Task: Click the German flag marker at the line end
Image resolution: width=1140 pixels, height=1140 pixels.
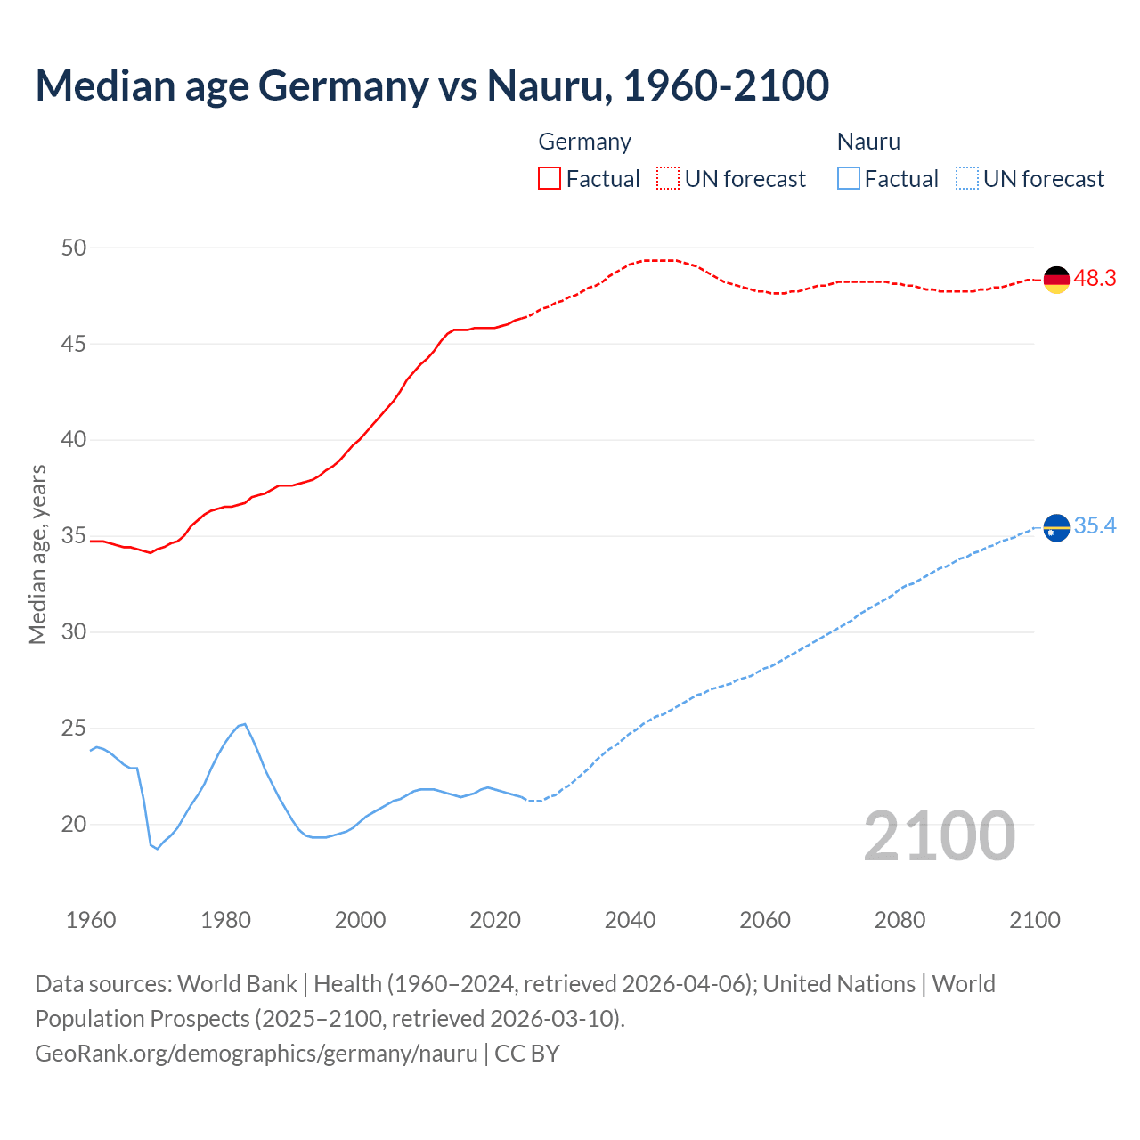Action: (x=1056, y=280)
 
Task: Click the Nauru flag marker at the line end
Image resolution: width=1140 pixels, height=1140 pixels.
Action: (x=1056, y=528)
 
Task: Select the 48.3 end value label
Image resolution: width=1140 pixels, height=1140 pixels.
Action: (x=1095, y=279)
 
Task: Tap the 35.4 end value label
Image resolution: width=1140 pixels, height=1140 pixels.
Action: (x=1095, y=526)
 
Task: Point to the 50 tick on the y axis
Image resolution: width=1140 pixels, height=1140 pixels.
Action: (x=74, y=248)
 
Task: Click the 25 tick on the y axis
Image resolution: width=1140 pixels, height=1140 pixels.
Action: (x=74, y=729)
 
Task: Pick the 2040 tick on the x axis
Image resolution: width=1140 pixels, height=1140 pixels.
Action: (x=630, y=920)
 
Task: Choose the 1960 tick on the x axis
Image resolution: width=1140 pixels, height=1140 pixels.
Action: (x=91, y=920)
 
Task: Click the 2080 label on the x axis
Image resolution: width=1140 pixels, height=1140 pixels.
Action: (x=900, y=920)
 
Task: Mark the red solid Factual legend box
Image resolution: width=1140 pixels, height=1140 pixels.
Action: (x=550, y=178)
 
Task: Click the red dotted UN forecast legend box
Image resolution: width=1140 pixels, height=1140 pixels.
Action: (x=668, y=178)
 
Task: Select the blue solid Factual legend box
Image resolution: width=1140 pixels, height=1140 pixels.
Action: (x=849, y=178)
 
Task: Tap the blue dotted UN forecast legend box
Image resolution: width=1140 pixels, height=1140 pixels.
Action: (x=966, y=178)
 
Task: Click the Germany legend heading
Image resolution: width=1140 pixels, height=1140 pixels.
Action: (x=584, y=142)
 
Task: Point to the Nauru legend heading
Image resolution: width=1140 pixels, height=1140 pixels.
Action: (x=868, y=142)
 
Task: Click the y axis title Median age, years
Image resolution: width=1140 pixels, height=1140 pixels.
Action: (x=37, y=554)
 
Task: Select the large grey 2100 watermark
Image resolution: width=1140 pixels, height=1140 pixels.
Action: (x=939, y=835)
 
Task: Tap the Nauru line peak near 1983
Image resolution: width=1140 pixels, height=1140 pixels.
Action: (x=244, y=724)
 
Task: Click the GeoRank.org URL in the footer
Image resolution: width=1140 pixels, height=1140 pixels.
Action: (x=256, y=1053)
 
